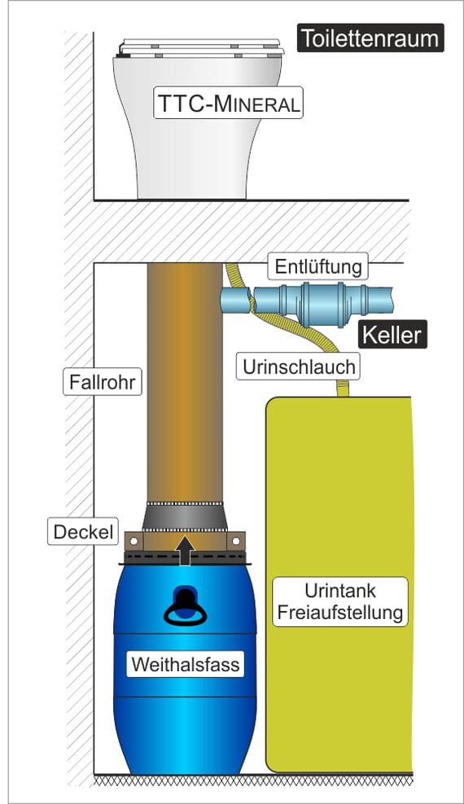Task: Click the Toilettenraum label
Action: click(370, 38)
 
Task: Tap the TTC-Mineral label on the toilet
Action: click(229, 103)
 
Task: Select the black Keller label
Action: click(392, 334)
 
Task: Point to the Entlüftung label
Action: click(318, 266)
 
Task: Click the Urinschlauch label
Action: click(298, 367)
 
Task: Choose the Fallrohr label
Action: click(103, 382)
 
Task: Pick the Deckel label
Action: click(83, 531)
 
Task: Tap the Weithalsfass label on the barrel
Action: click(185, 664)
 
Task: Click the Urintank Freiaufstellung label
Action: click(340, 601)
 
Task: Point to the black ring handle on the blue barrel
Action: click(185, 613)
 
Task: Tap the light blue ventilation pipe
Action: click(307, 300)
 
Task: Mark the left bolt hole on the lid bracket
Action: click(134, 540)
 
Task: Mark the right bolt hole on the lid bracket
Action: click(235, 540)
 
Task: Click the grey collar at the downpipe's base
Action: click(185, 516)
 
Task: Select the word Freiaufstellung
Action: click(340, 613)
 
